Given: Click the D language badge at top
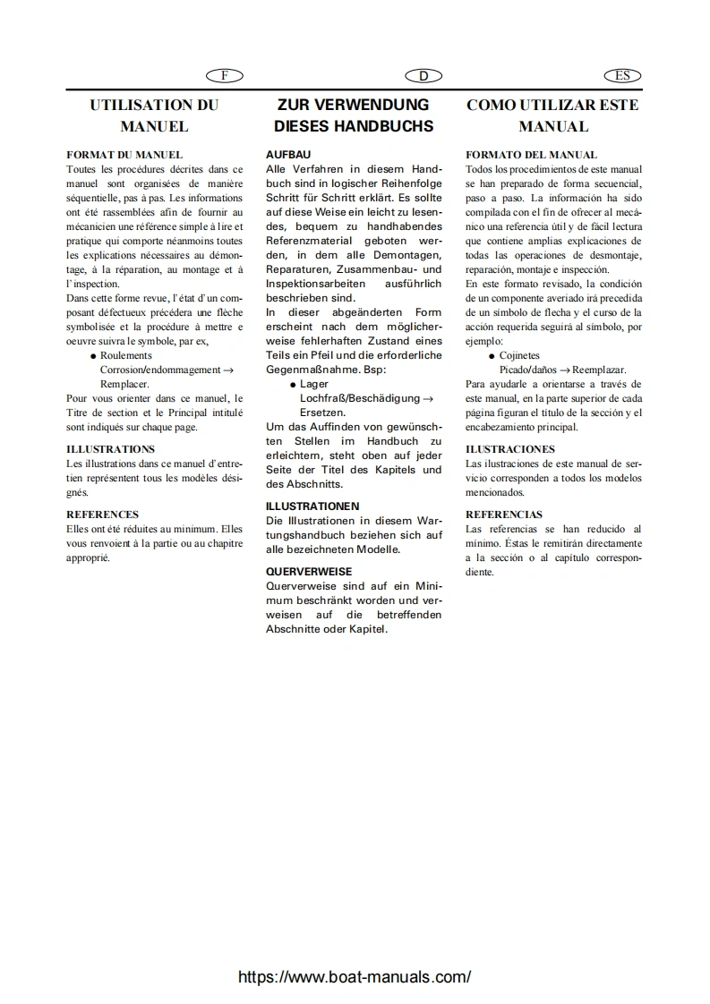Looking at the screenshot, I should pyautogui.click(x=423, y=76).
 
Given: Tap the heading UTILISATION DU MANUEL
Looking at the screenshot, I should pyautogui.click(x=154, y=115).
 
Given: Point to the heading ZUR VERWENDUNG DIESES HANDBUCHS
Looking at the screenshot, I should pyautogui.click(x=354, y=115).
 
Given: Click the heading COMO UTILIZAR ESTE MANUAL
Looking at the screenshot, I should pyautogui.click(x=552, y=115).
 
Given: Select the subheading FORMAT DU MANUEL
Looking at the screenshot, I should pyautogui.click(x=124, y=155).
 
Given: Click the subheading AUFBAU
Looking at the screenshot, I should pyautogui.click(x=288, y=155).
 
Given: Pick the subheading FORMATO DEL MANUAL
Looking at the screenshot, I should pyautogui.click(x=531, y=155).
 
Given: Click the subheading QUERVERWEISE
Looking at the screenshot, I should pyautogui.click(x=309, y=571).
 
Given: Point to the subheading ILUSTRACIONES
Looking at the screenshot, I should pyautogui.click(x=510, y=449).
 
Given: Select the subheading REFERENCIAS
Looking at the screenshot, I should pyautogui.click(x=504, y=515).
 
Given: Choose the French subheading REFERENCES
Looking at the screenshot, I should pyautogui.click(x=102, y=515).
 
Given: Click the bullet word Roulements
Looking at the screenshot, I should pyautogui.click(x=126, y=355).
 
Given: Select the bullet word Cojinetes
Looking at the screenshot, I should pyautogui.click(x=519, y=355).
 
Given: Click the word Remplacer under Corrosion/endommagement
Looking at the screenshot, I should pyautogui.click(x=124, y=383).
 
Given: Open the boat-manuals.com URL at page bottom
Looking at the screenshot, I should pyautogui.click(x=355, y=977).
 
